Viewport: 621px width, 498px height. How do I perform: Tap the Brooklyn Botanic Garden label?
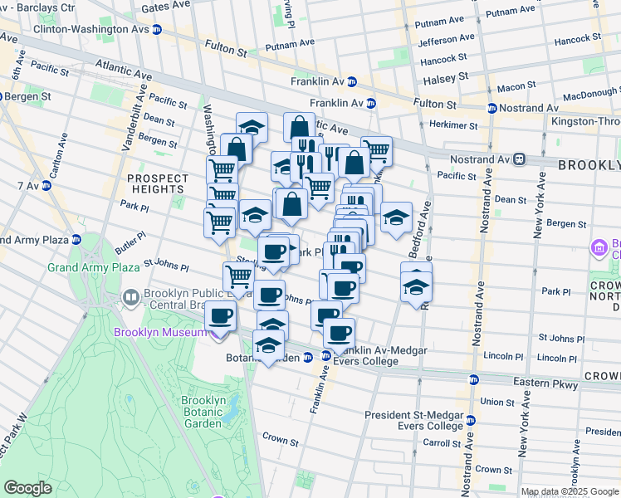point(203,412)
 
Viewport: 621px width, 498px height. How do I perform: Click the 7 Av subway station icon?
point(46,185)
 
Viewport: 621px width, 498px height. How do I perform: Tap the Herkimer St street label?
point(454,126)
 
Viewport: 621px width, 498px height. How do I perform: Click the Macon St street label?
point(516,87)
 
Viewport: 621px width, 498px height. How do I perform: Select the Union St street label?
point(497,402)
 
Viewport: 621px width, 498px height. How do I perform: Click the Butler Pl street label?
point(130,237)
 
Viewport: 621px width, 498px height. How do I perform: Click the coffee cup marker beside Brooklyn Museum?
point(221,316)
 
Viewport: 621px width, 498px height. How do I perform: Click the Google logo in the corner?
point(27,488)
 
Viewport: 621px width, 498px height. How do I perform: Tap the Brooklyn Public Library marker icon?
point(130,297)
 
